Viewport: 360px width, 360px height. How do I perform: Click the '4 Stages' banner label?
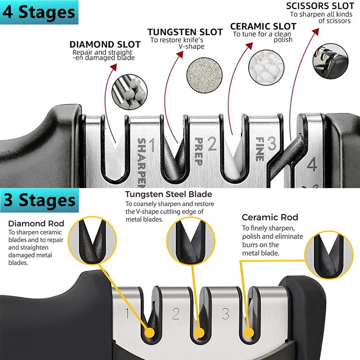(39, 12)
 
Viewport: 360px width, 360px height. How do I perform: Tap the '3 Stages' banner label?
(39, 200)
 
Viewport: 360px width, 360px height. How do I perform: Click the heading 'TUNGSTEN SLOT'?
(185, 32)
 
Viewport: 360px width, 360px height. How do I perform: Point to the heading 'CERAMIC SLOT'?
(263, 27)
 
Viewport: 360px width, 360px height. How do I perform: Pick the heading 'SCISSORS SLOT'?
(320, 6)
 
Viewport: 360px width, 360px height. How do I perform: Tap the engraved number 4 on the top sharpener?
(311, 165)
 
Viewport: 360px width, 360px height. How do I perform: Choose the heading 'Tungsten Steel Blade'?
(168, 194)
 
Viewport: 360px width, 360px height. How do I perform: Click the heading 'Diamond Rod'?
(36, 223)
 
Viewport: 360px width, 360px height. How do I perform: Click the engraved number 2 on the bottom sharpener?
(176, 314)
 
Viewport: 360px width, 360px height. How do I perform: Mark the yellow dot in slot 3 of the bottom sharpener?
(247, 333)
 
